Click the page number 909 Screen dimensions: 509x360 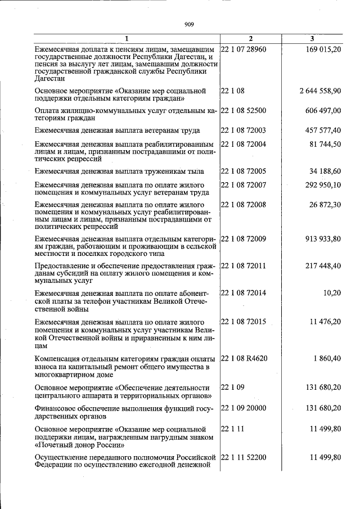[x=188, y=24]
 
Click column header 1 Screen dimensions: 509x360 [x=127, y=38]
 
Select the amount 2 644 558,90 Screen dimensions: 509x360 [x=320, y=91]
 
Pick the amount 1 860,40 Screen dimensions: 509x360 [x=327, y=358]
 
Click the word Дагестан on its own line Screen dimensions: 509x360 [x=49, y=79]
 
